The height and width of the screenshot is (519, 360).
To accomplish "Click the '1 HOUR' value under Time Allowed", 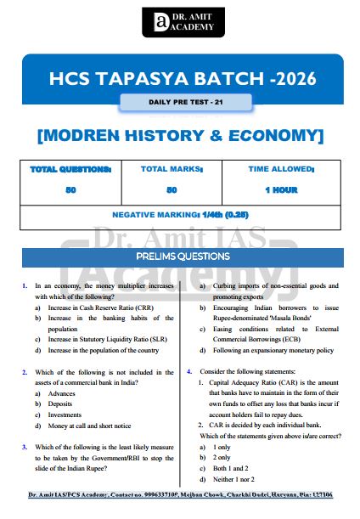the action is tap(280, 189).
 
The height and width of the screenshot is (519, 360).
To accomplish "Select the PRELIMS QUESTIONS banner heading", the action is tap(179, 257).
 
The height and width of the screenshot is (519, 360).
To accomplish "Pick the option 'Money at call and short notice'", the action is tap(89, 426).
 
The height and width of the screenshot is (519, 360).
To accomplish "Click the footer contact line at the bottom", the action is tap(179, 494).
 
